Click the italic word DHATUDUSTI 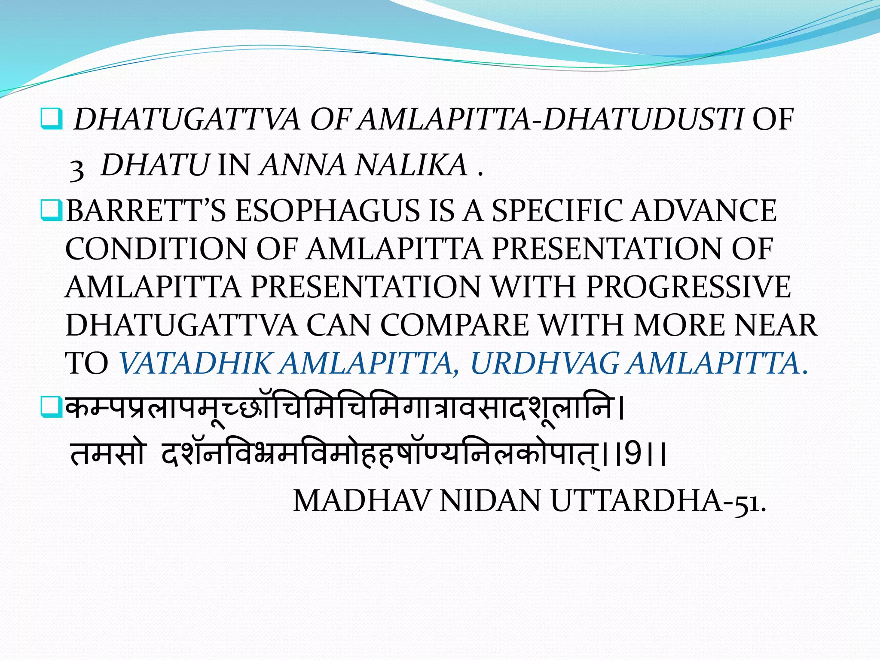pyautogui.click(x=642, y=119)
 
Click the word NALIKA pyautogui.click(x=411, y=165)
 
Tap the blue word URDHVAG pyautogui.click(x=545, y=363)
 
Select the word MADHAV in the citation pyautogui.click(x=361, y=501)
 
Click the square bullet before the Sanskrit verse pyautogui.click(x=51, y=408)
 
